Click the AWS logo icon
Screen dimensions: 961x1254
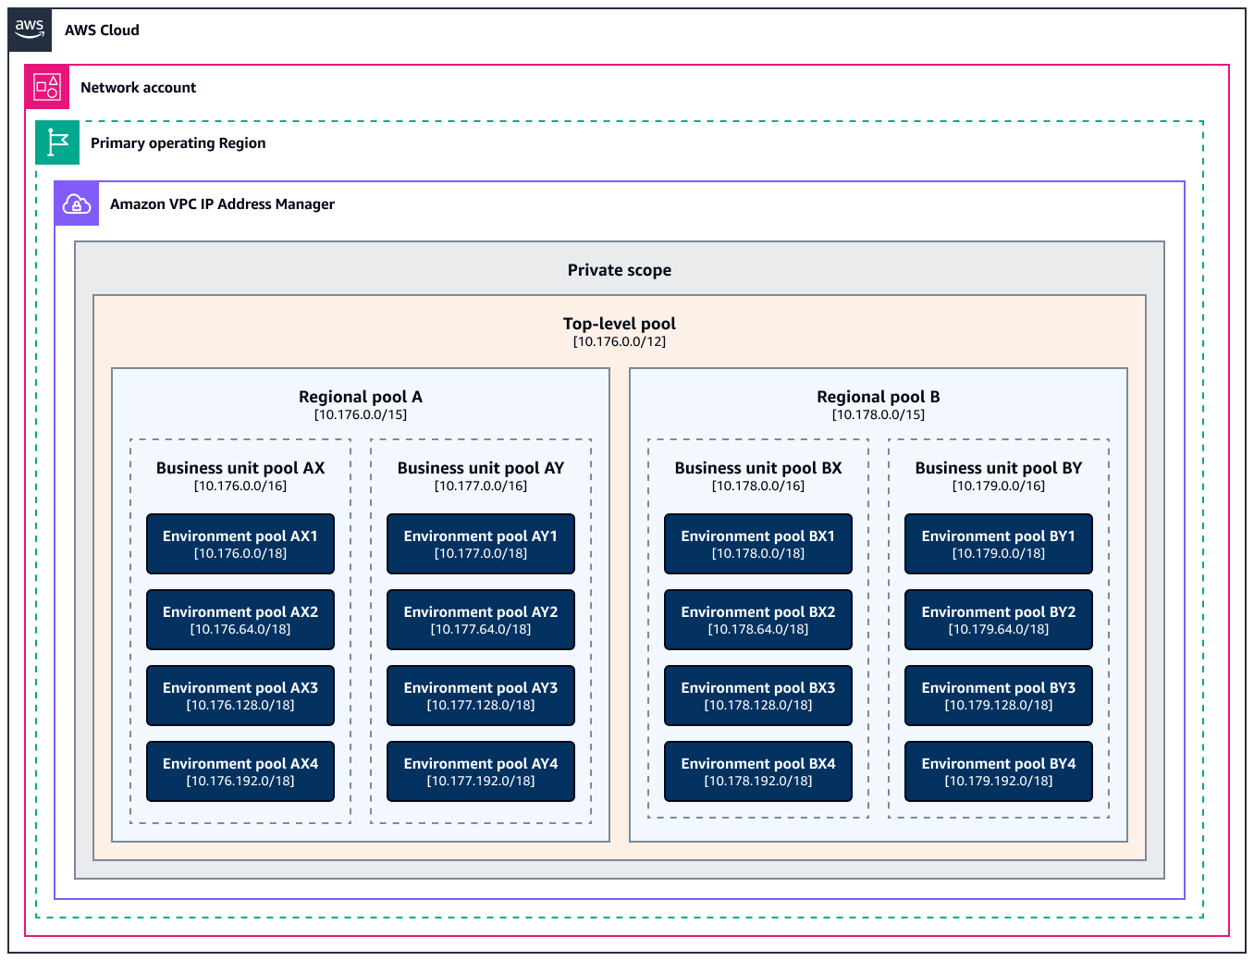tap(30, 30)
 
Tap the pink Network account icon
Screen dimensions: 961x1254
tap(47, 87)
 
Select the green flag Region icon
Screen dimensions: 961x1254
tap(57, 142)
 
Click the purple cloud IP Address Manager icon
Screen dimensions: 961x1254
tap(77, 203)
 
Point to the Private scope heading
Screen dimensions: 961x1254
tap(619, 270)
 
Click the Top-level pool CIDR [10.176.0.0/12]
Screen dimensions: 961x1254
tap(619, 342)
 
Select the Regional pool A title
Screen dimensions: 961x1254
tap(360, 397)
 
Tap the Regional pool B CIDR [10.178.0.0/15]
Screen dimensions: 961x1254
tap(878, 414)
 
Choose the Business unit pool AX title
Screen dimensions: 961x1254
tap(240, 468)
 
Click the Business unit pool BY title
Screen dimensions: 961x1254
tap(998, 468)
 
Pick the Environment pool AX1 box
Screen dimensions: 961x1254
tap(240, 544)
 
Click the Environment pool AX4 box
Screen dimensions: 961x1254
tap(240, 771)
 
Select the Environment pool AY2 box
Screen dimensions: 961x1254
tap(481, 620)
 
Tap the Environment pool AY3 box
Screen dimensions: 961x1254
tap(481, 696)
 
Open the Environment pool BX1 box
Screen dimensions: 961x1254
tap(758, 544)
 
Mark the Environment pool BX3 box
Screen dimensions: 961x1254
tap(758, 696)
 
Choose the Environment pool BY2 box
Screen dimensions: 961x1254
tap(999, 620)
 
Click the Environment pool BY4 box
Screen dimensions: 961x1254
tap(999, 771)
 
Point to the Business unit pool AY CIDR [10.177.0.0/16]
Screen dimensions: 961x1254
tap(481, 487)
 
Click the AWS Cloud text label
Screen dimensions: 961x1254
tap(102, 31)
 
